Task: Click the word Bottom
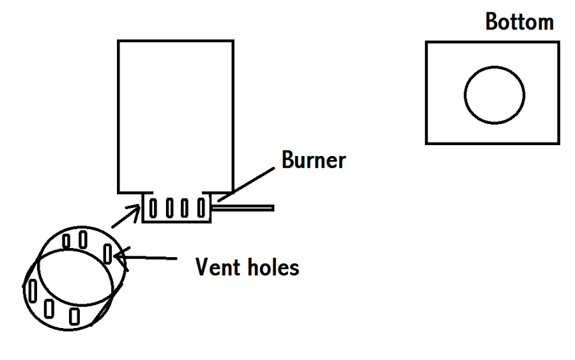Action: point(519,21)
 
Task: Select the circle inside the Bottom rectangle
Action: point(494,95)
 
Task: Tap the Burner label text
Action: point(313,160)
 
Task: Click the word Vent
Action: point(217,267)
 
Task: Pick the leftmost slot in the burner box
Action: point(153,208)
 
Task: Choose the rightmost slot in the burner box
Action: point(201,208)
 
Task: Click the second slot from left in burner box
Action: point(169,208)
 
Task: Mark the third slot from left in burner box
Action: point(185,208)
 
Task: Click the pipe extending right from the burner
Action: point(246,208)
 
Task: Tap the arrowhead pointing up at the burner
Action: point(135,208)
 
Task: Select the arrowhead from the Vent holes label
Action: point(119,257)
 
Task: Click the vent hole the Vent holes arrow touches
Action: point(108,253)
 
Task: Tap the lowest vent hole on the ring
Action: point(75,315)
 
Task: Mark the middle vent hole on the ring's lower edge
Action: point(49,308)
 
